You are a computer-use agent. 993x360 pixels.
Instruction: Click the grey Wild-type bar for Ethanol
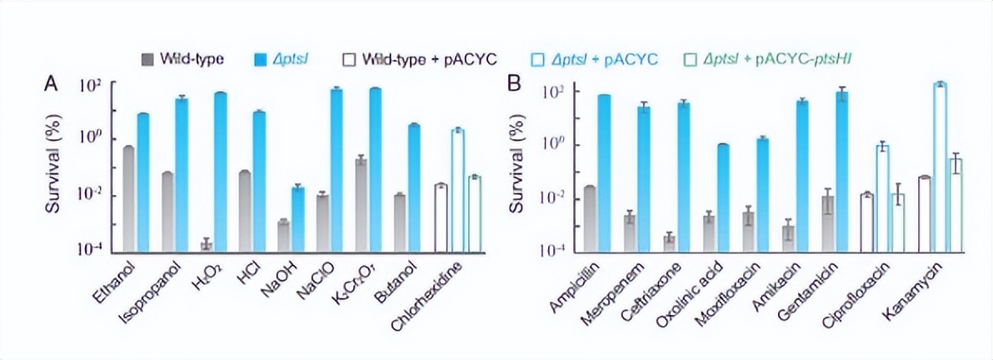(129, 198)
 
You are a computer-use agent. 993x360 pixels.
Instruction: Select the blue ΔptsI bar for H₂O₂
(220, 171)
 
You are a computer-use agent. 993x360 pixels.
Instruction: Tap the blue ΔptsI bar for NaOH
(297, 218)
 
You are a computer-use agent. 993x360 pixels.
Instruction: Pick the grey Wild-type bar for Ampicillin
(589, 217)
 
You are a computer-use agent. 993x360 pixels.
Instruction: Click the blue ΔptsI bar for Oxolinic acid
(722, 197)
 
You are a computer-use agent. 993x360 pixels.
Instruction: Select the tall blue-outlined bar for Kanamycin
(941, 167)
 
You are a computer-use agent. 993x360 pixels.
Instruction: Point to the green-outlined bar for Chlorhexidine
(474, 212)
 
